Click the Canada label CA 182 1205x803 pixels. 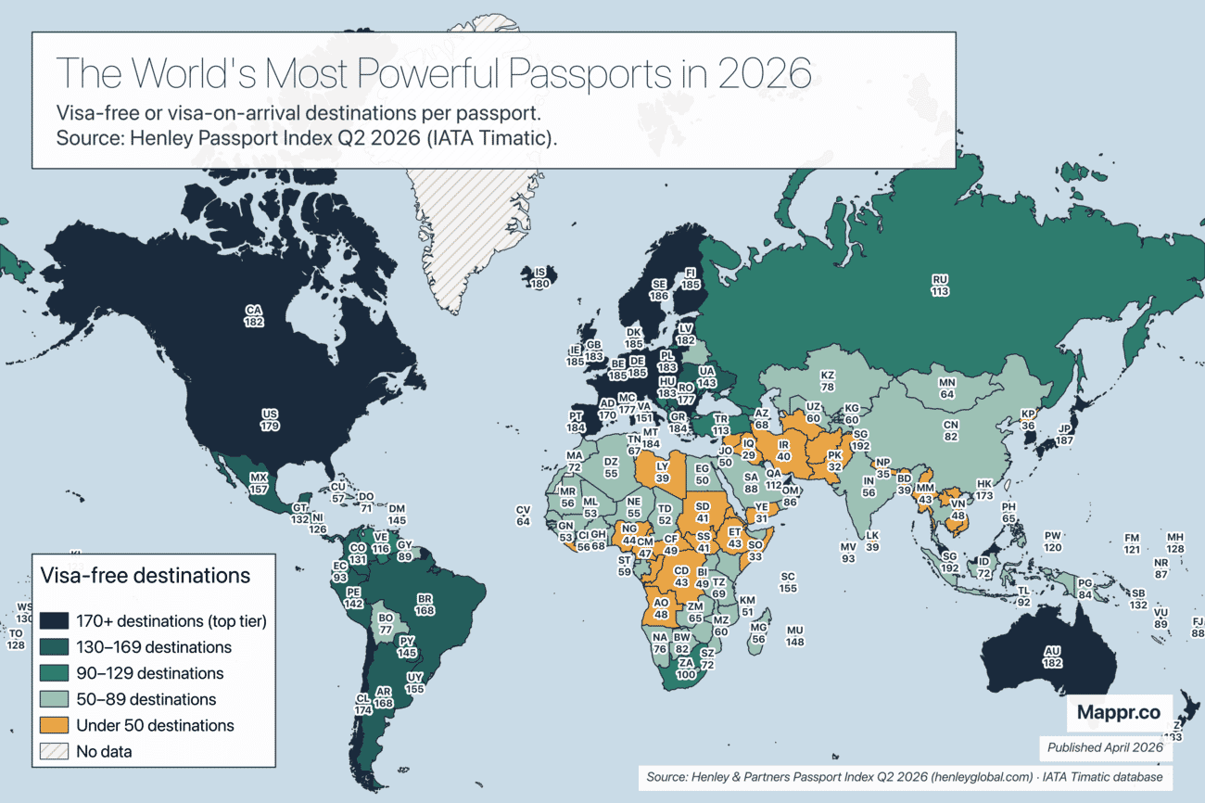pos(254,316)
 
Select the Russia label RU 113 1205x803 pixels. pos(940,285)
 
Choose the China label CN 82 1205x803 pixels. pos(950,430)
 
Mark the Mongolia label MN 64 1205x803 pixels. pos(946,389)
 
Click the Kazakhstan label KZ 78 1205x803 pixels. pos(828,380)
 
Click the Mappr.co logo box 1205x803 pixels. pos(1118,713)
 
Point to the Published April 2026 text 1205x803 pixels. pos(1104,747)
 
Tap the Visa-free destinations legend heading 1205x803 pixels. pos(145,575)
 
